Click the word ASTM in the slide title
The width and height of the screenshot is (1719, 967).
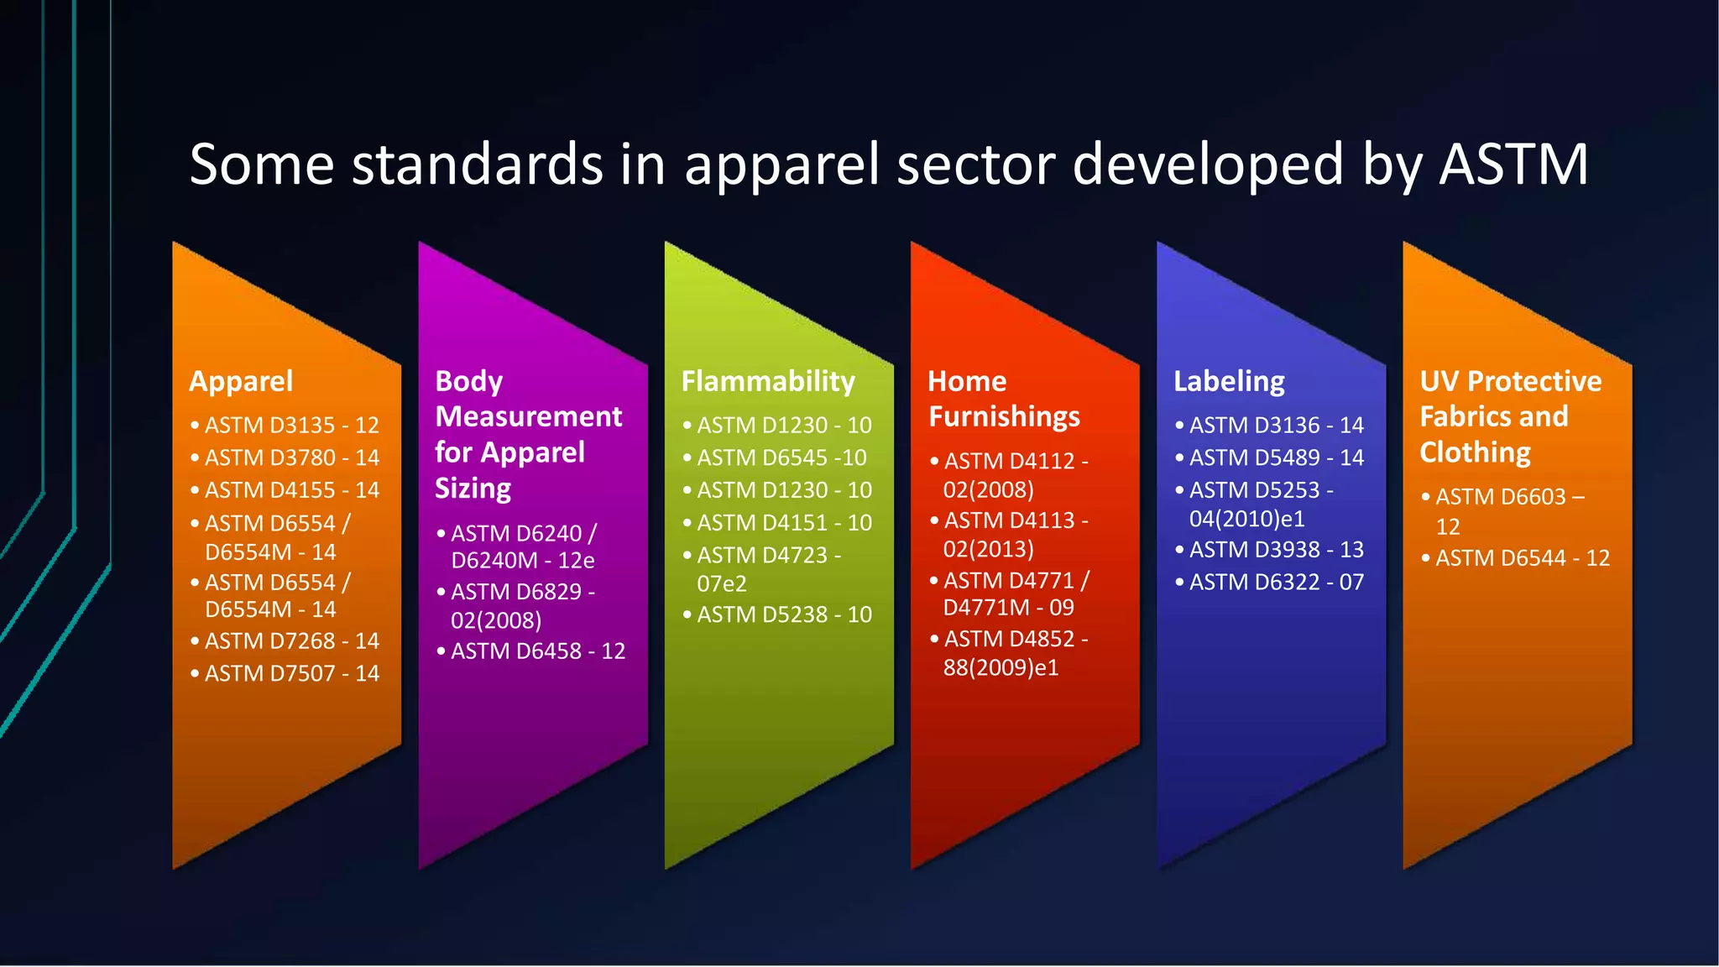(1513, 164)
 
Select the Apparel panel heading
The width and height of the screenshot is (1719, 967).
(241, 382)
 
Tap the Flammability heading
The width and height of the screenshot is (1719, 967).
(768, 382)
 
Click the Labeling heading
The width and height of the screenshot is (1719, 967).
(1229, 382)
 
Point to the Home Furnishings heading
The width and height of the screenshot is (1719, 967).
(1004, 400)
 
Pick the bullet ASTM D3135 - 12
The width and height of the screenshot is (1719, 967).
(291, 426)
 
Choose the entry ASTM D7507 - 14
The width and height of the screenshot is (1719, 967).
(291, 673)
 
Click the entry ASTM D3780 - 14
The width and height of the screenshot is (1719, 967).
(291, 458)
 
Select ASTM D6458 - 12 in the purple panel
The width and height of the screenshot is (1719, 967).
(537, 651)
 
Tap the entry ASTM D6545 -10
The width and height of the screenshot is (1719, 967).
(781, 458)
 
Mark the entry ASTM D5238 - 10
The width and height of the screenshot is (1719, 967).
(784, 614)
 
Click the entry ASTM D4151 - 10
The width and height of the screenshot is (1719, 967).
(784, 523)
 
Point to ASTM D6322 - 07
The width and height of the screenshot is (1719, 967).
(1276, 582)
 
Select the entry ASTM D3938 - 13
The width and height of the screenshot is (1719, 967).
(1276, 550)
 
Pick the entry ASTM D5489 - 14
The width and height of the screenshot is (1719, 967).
(1276, 458)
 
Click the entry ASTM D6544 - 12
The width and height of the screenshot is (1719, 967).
(1522, 558)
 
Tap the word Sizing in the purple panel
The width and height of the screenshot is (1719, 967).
(473, 489)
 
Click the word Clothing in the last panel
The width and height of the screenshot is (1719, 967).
(1475, 453)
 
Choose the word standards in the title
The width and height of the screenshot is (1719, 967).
(477, 164)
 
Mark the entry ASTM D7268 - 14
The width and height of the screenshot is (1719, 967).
(291, 641)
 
